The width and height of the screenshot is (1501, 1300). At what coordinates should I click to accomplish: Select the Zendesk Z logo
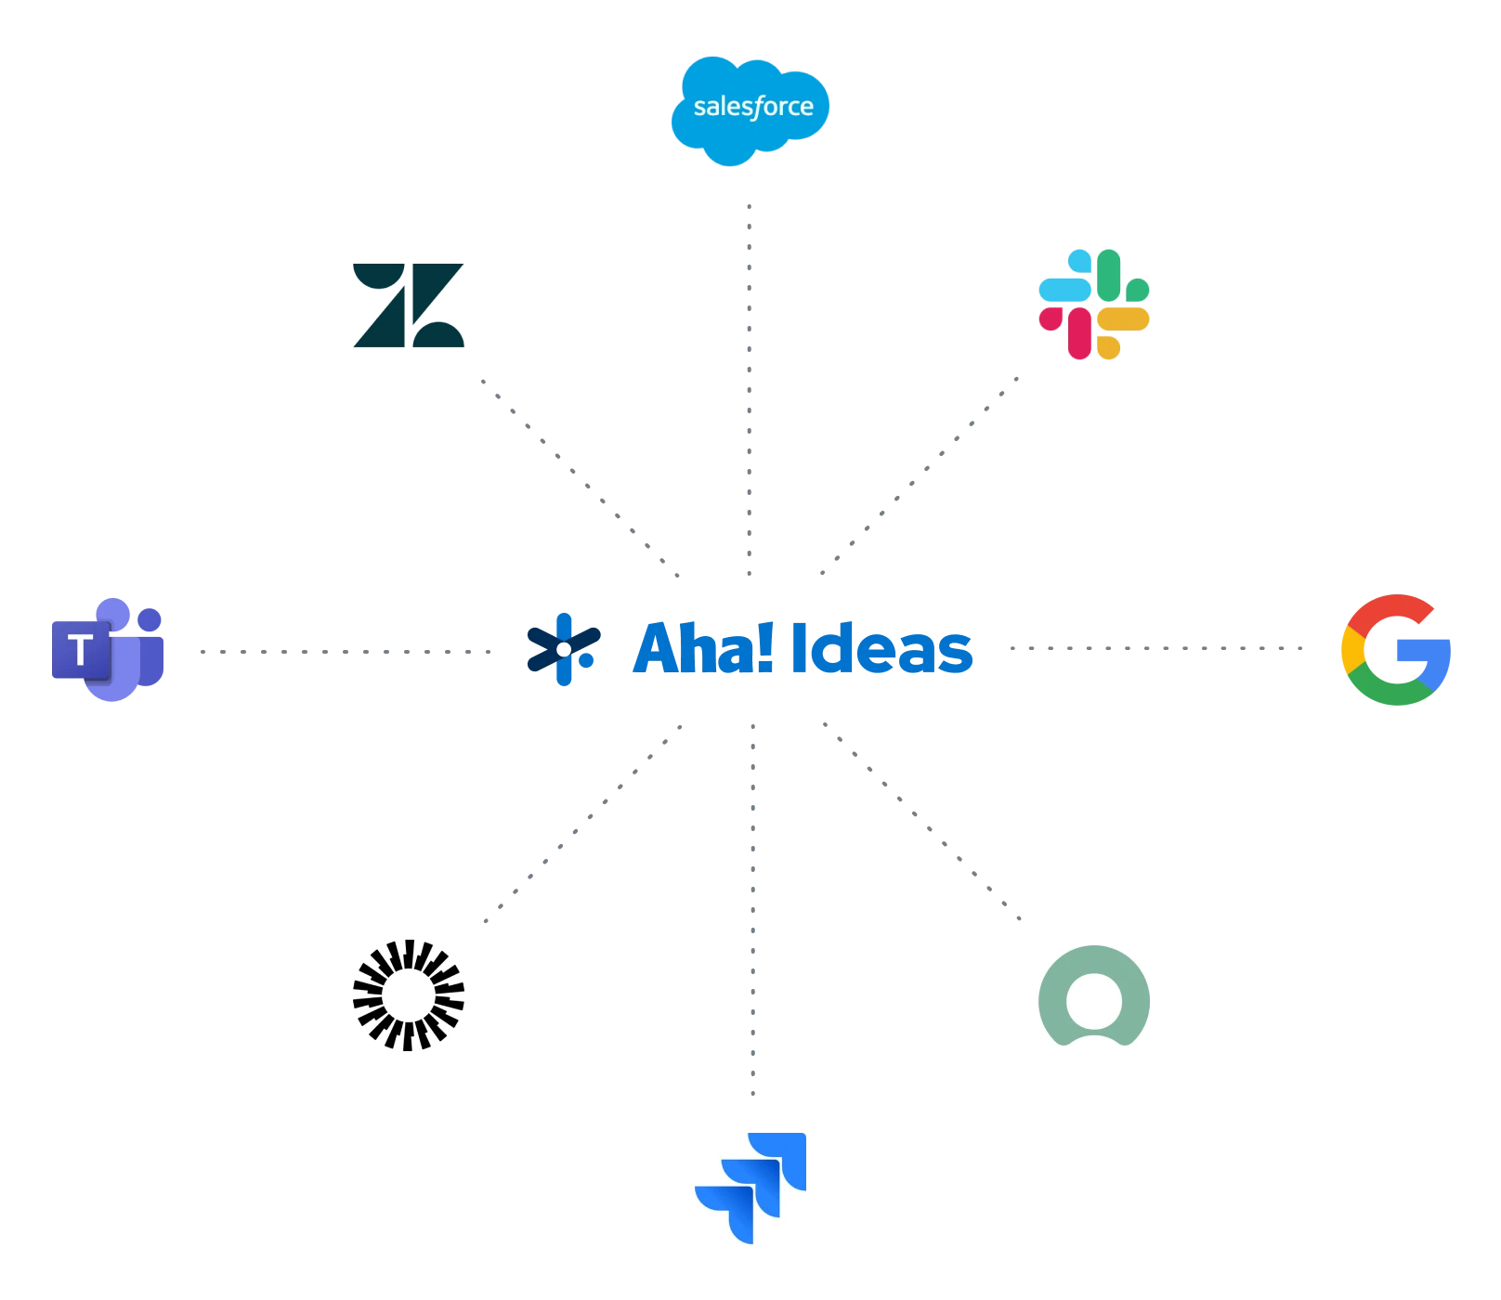pos(408,305)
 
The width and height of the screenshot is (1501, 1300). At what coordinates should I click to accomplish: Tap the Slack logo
pos(1092,304)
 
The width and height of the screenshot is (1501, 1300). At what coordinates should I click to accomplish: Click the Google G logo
pos(1395,650)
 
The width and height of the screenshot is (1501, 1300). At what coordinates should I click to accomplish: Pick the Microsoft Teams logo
pos(109,650)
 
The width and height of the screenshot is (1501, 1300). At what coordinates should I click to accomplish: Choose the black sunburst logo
pos(408,994)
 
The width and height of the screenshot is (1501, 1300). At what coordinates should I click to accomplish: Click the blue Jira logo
pos(750,1188)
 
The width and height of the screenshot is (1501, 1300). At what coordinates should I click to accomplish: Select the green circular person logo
pos(1092,994)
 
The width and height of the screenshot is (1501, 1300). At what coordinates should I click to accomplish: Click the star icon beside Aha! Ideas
pos(562,649)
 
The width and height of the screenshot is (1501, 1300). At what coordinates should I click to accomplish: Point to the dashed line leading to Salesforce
pos(750,390)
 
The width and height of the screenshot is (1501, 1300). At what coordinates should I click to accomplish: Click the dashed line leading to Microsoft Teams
pos(344,650)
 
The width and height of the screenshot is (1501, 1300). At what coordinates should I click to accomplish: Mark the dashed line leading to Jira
pos(753,910)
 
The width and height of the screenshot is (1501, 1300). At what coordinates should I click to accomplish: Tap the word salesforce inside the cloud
pos(752,107)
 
